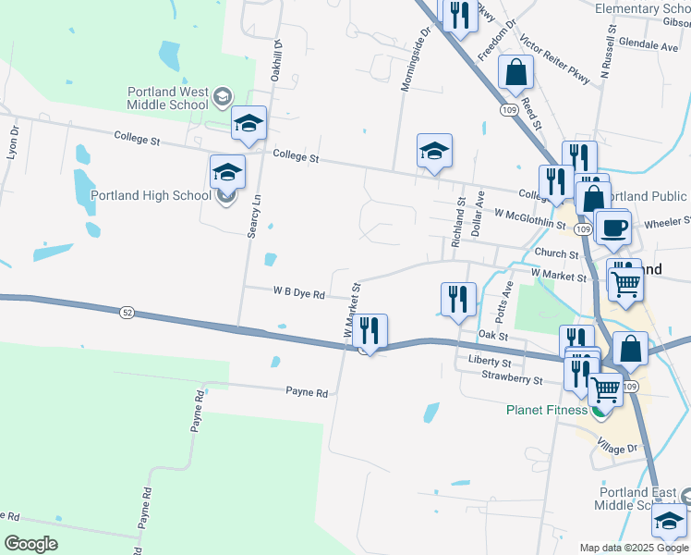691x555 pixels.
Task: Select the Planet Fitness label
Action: point(545,410)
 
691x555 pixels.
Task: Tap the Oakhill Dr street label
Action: point(275,60)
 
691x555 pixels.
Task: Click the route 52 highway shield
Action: point(127,314)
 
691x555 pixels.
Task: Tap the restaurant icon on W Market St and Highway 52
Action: point(370,331)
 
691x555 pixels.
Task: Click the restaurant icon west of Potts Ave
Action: point(459,300)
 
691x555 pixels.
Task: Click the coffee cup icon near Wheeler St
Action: point(613,228)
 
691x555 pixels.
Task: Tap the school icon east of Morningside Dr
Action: point(434,148)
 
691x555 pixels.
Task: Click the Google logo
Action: point(31,544)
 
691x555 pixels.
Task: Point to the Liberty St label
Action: point(490,361)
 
